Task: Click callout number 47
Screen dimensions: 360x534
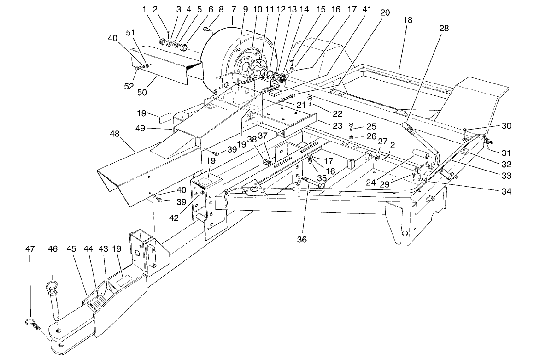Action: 30,249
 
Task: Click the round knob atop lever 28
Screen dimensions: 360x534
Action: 406,126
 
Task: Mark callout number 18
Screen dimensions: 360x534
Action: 408,20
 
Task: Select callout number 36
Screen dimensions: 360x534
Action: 302,239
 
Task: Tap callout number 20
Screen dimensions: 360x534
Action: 385,12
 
